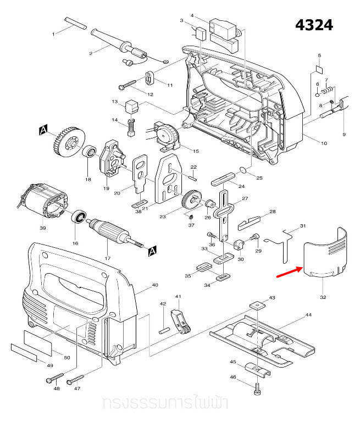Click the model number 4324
pos(314,25)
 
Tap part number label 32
pos(323,297)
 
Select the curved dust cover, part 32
pos(325,256)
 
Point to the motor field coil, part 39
pos(45,204)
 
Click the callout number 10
pos(324,143)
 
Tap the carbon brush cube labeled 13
pos(132,105)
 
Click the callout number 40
pos(154,285)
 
